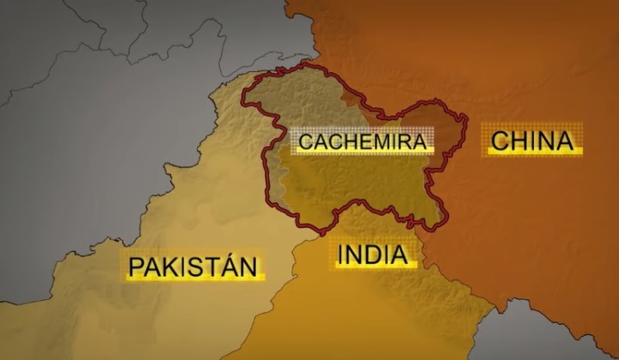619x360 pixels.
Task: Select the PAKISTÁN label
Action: [193, 265]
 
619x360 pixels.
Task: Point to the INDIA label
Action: [372, 254]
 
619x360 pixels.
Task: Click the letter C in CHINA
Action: [499, 141]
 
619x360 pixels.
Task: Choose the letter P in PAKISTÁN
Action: [136, 266]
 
